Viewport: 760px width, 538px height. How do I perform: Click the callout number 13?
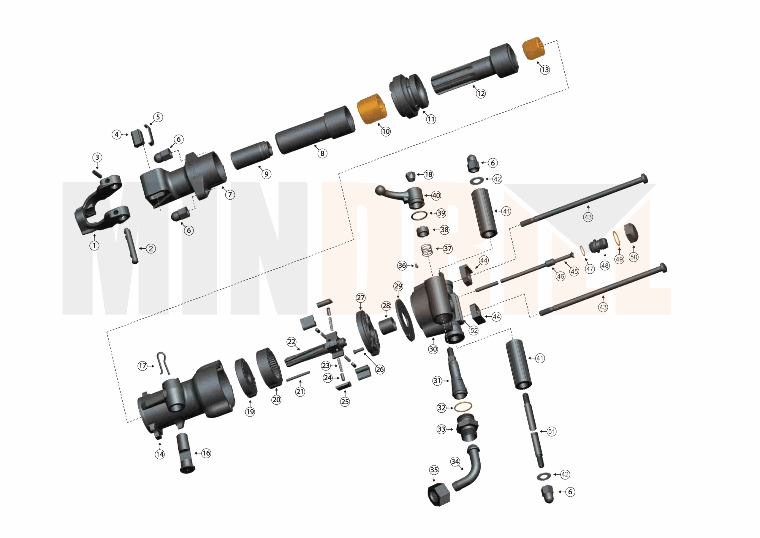click(x=545, y=70)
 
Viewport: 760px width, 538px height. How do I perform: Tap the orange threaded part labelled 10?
click(x=372, y=109)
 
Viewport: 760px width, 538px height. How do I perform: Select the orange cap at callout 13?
click(x=533, y=48)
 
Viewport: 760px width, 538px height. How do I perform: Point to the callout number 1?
click(x=94, y=245)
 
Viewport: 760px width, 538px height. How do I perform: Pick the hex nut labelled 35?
click(x=438, y=495)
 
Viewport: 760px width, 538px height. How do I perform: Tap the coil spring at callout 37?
click(x=427, y=250)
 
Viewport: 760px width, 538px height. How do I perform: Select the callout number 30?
click(x=433, y=349)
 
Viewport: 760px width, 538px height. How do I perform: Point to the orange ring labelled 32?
click(x=463, y=406)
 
